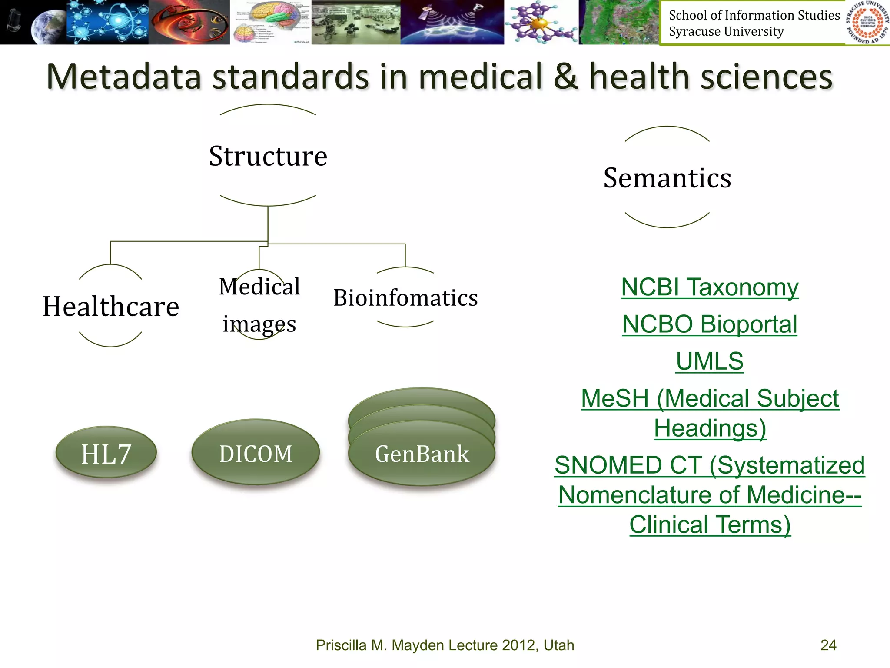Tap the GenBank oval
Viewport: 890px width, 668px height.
pos(422,454)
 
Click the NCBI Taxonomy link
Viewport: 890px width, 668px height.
pos(710,287)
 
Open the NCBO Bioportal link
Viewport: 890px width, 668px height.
pos(710,324)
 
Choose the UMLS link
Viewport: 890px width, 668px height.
pos(710,361)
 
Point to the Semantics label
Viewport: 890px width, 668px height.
pos(667,178)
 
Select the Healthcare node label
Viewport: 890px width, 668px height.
pos(111,306)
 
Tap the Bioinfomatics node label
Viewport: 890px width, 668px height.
pos(405,298)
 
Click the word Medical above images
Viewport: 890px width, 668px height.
pos(259,287)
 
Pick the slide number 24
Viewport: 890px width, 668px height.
pos(828,645)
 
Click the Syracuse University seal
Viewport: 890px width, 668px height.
pos(867,22)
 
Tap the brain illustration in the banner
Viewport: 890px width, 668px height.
pos(270,22)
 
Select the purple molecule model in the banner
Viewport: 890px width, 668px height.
pos(541,22)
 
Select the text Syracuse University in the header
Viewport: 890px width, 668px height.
pos(726,32)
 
